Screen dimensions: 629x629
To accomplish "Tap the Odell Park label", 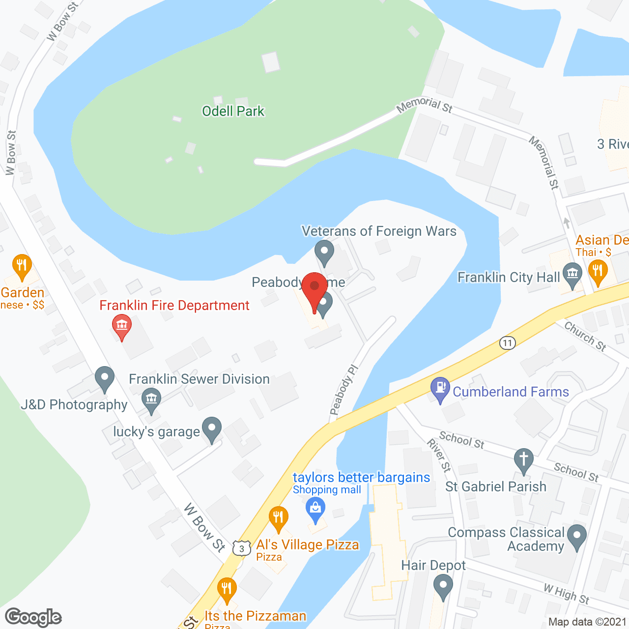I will pyautogui.click(x=233, y=111).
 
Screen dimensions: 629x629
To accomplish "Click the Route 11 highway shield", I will pyautogui.click(x=507, y=343).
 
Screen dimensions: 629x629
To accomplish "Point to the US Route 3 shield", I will pyautogui.click(x=241, y=548).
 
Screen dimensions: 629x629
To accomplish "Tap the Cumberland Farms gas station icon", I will pyautogui.click(x=440, y=389).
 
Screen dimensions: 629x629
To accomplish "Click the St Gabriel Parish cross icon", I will pyautogui.click(x=524, y=460).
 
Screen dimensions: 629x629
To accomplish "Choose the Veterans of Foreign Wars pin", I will pyautogui.click(x=324, y=252).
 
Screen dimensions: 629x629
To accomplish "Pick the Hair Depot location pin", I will pyautogui.click(x=443, y=586).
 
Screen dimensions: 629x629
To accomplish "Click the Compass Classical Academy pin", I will pyautogui.click(x=577, y=536).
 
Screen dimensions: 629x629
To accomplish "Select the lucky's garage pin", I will pyautogui.click(x=212, y=429).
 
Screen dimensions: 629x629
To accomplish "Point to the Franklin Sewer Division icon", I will pyautogui.click(x=151, y=400).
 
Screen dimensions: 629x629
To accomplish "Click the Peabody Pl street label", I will pyautogui.click(x=343, y=390).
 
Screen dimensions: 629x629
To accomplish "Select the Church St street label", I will pyautogui.click(x=585, y=336).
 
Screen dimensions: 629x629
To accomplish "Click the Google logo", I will pyautogui.click(x=33, y=617).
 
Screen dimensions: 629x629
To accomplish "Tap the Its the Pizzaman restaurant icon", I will pyautogui.click(x=227, y=589).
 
